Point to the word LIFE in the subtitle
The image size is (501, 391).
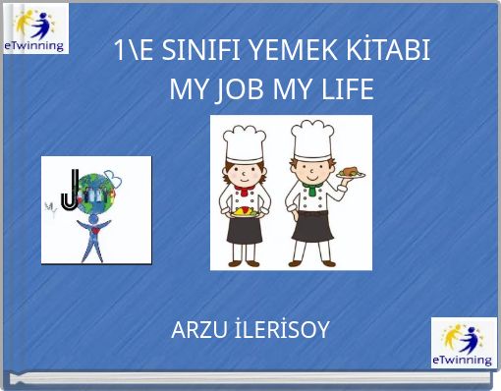[x=346, y=90]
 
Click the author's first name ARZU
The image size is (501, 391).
[x=196, y=330]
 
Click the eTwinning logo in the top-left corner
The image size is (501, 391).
[x=35, y=28]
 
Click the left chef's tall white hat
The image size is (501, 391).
[x=241, y=142]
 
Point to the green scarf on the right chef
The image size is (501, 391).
[x=312, y=186]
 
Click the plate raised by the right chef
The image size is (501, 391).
[x=351, y=173]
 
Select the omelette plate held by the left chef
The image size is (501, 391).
[x=244, y=208]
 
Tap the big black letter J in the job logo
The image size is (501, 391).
[x=69, y=190]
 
